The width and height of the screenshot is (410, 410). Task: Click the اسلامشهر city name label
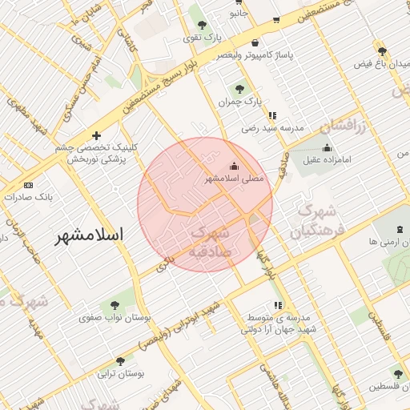point(90,235)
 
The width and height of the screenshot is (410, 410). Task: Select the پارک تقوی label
point(201,38)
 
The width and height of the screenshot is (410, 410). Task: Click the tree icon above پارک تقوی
point(201,25)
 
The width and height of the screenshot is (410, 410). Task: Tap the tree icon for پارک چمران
point(240,89)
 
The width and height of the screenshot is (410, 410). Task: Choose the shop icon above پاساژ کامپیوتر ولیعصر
point(255,43)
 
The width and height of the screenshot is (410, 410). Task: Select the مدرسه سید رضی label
point(273,127)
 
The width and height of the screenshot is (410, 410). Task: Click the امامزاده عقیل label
point(328,160)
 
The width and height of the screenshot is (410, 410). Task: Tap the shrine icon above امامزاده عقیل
point(327,147)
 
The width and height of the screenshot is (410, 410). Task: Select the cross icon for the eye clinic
point(97,136)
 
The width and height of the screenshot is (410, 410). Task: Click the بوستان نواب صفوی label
point(111,318)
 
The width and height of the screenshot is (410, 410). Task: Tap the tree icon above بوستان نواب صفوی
point(113,304)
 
